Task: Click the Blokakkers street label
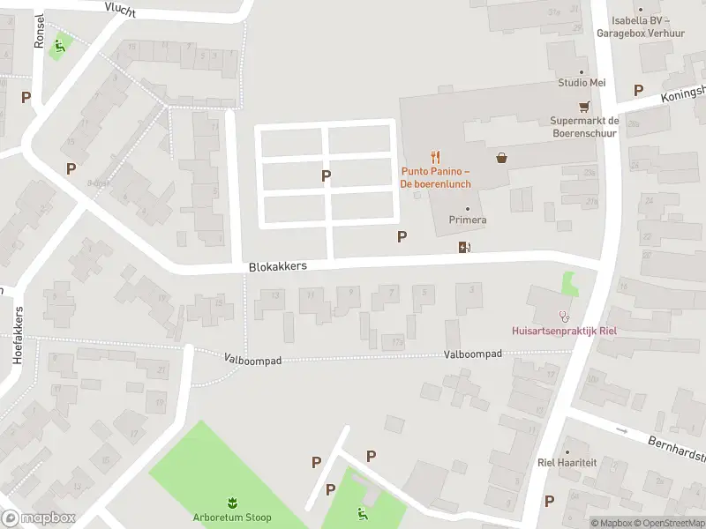pyautogui.click(x=277, y=264)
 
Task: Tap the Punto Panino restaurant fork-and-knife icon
pyautogui.click(x=436, y=158)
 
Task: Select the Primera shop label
pyautogui.click(x=468, y=220)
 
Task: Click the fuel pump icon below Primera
pyautogui.click(x=464, y=248)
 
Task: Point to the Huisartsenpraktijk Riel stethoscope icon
pyautogui.click(x=565, y=316)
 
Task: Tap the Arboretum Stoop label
pyautogui.click(x=232, y=518)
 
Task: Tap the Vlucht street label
pyautogui.click(x=120, y=8)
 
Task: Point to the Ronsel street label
pyautogui.click(x=39, y=33)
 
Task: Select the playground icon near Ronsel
pyautogui.click(x=60, y=46)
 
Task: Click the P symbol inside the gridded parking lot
pyautogui.click(x=327, y=175)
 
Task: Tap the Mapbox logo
pyautogui.click(x=39, y=519)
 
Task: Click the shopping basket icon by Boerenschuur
pyautogui.click(x=502, y=158)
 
